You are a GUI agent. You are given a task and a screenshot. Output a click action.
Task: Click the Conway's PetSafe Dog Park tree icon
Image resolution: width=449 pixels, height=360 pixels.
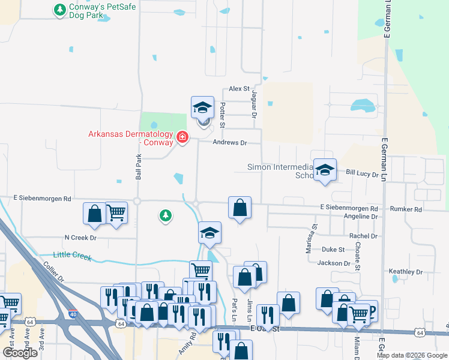[59, 10]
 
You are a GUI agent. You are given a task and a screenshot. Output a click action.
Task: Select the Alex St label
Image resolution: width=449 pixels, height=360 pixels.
[239, 89]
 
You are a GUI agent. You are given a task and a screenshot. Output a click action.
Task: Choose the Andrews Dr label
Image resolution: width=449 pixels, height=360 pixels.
[230, 143]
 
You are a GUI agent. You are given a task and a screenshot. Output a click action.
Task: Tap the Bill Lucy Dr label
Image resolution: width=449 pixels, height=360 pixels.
[363, 174]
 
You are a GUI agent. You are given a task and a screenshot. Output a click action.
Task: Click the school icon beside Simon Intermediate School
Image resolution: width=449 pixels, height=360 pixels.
[325, 170]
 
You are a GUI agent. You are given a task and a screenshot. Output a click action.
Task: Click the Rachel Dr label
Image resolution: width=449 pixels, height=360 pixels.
[364, 236]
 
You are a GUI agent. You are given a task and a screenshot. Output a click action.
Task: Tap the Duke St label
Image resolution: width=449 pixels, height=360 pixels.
[333, 249]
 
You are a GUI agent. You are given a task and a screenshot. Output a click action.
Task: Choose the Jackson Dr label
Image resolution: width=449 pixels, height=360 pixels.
[334, 263]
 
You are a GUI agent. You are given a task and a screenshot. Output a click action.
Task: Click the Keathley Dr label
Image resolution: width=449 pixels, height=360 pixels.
[406, 272]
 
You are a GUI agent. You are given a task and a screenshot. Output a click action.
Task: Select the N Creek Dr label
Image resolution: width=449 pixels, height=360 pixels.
[80, 238]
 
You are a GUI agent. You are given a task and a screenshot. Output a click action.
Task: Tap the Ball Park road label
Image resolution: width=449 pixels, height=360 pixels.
[138, 167]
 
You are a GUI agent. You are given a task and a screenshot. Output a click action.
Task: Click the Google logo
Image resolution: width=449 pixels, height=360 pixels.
[20, 353]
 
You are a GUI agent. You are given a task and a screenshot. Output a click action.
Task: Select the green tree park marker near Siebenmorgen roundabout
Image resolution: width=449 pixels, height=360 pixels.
[166, 215]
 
